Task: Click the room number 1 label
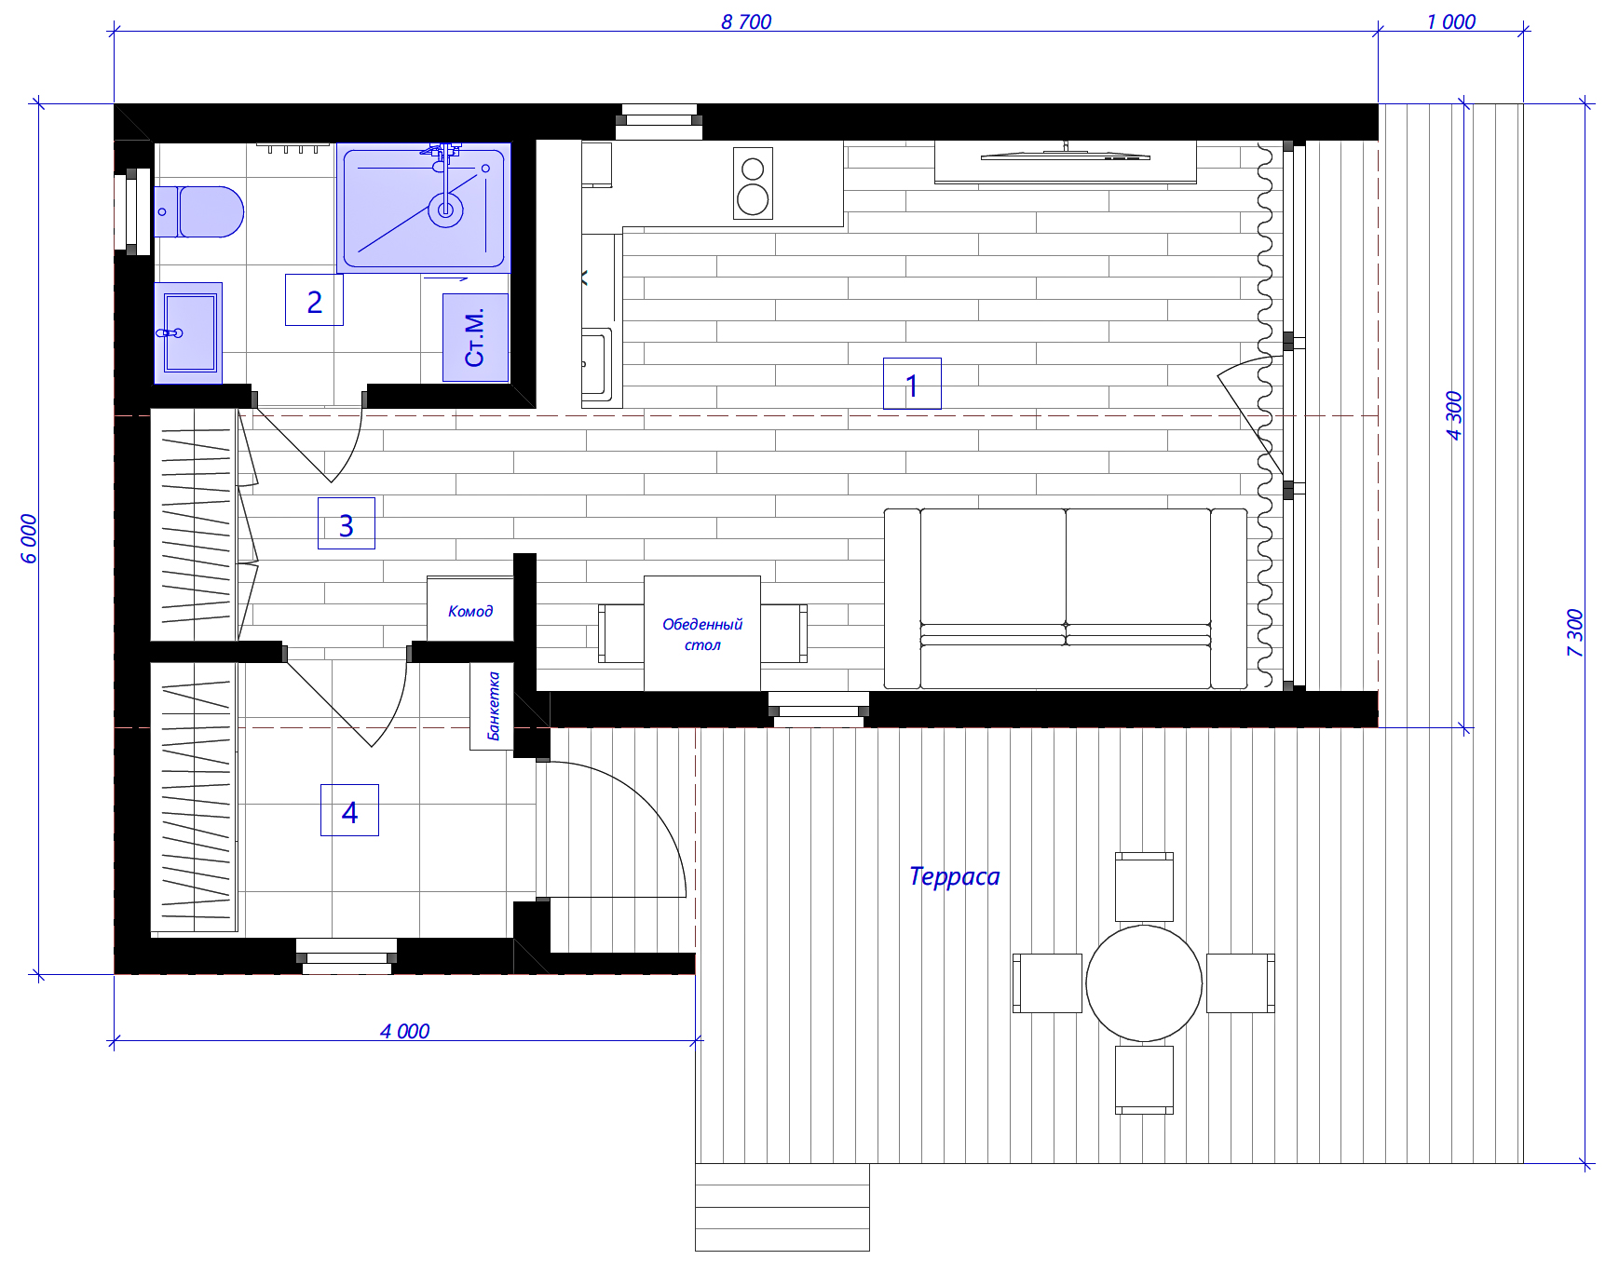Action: point(912,384)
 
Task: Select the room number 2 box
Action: point(314,300)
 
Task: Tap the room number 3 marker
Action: point(347,523)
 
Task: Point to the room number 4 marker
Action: point(349,810)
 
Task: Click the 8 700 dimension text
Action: point(746,21)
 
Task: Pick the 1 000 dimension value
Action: point(1451,21)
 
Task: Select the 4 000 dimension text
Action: point(405,1031)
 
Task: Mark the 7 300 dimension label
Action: point(1574,633)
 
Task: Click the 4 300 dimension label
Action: point(1454,415)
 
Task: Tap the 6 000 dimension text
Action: point(29,538)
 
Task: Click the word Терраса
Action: point(954,876)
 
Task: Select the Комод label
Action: point(470,611)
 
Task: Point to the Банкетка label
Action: point(494,706)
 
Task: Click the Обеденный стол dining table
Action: point(702,633)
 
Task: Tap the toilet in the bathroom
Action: point(198,211)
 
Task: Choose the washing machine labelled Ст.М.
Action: point(475,337)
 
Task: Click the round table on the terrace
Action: point(1144,982)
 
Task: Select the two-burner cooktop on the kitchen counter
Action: point(753,183)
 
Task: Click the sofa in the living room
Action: point(1066,599)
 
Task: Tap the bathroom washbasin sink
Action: point(188,332)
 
